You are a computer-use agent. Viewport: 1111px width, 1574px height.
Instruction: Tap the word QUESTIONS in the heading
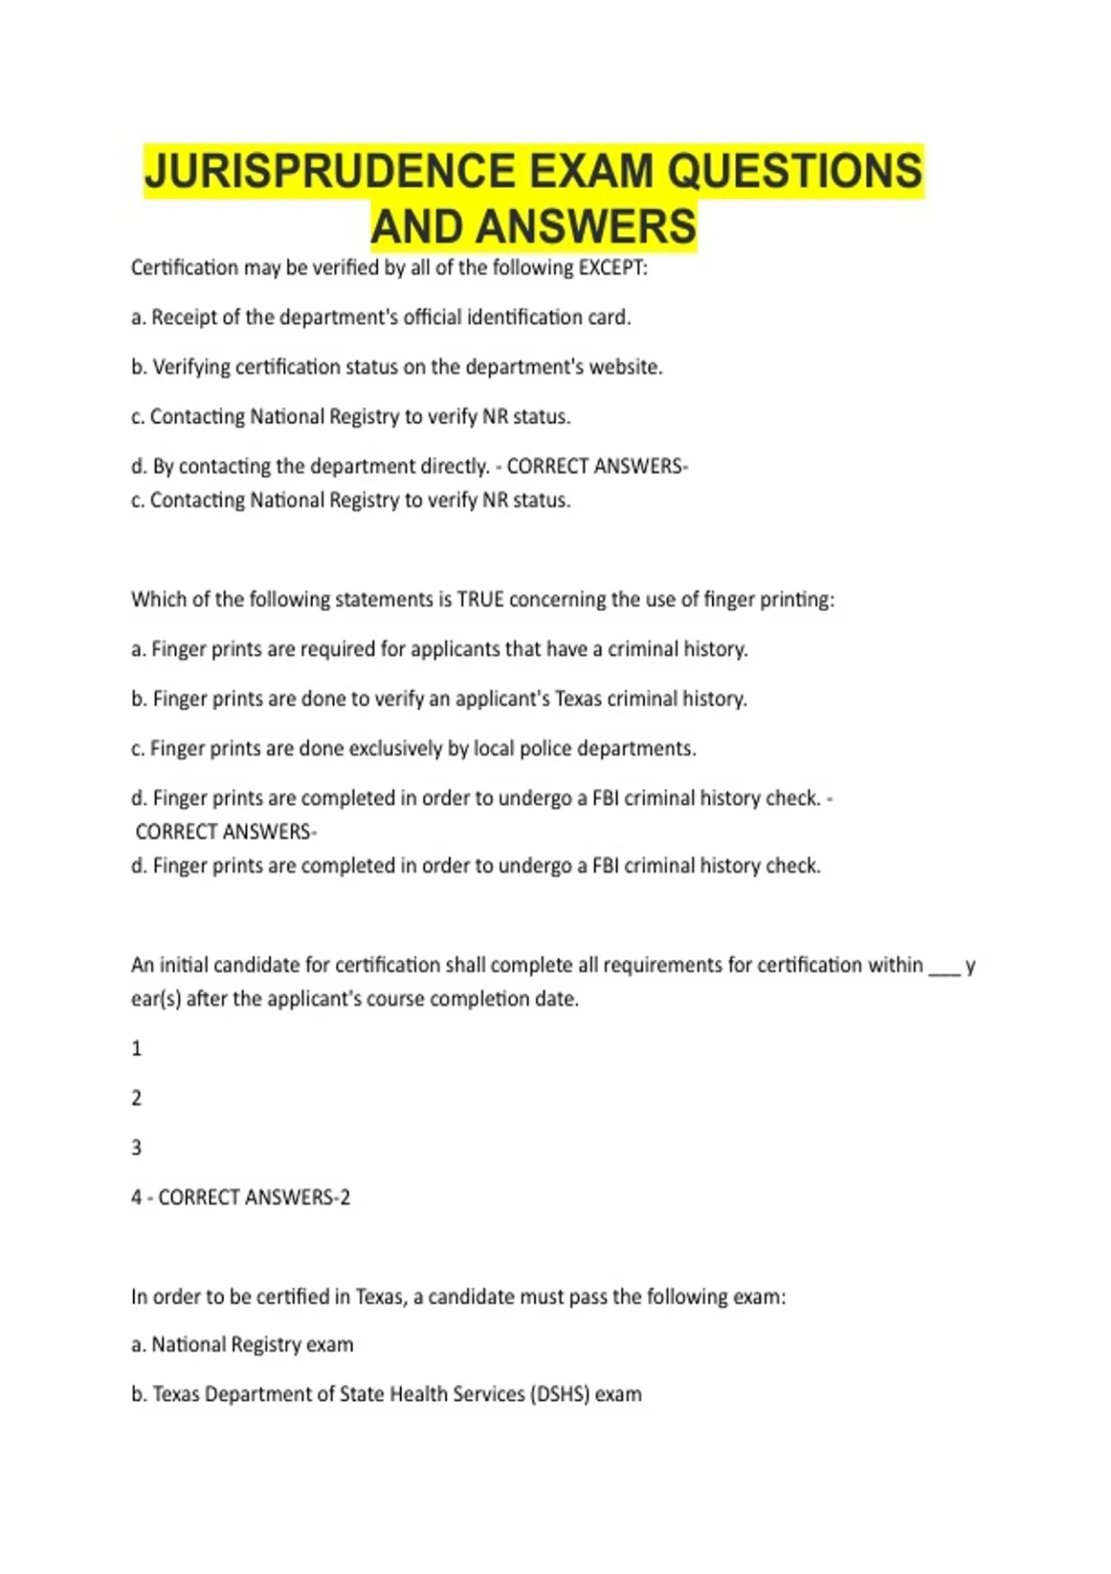(x=794, y=171)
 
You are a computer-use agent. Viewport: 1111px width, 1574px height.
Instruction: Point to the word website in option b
(x=626, y=368)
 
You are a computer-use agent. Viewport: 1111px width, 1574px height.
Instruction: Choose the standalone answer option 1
(x=137, y=1049)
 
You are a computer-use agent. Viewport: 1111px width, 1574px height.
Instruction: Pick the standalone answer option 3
(x=137, y=1148)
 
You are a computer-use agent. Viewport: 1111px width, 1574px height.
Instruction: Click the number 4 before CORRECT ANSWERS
(x=137, y=1198)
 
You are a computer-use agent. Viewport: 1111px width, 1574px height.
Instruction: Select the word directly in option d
(x=454, y=467)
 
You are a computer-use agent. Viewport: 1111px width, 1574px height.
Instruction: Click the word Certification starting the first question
(x=185, y=269)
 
